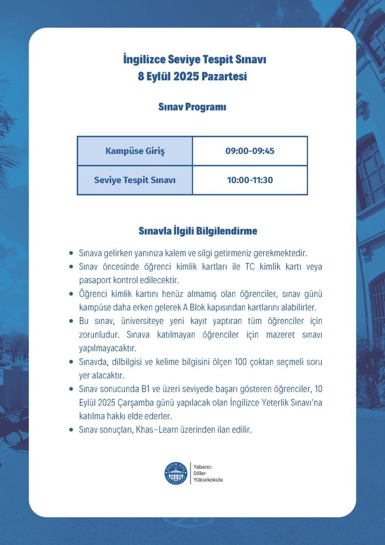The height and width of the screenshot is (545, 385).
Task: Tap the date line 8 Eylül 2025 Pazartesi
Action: coord(192,77)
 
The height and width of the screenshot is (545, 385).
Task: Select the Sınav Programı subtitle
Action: coord(192,107)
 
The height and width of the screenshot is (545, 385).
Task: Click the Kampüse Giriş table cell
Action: coord(135,151)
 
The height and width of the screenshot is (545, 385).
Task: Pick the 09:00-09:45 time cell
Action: coord(249,151)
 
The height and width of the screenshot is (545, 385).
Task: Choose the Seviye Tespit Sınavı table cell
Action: coord(135,180)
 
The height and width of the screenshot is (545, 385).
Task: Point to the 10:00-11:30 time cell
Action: coord(249,180)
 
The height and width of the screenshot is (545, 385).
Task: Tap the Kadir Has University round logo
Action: coord(176,473)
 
